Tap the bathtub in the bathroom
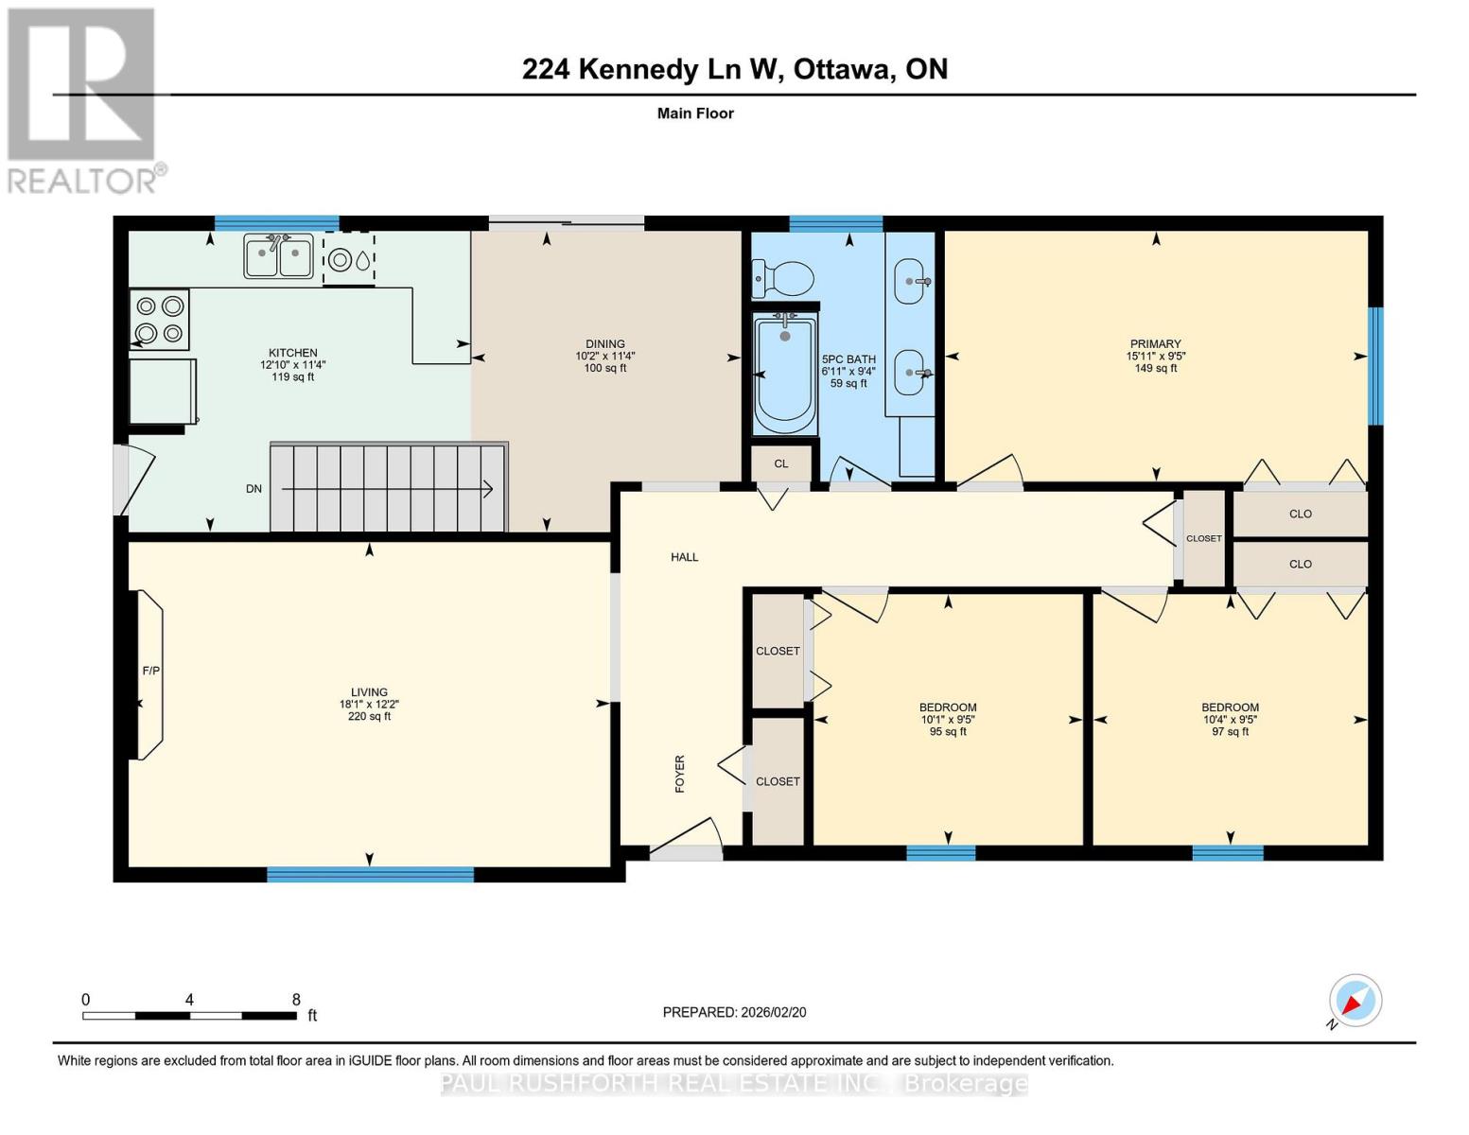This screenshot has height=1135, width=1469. point(784,375)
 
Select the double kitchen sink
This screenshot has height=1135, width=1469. point(278,255)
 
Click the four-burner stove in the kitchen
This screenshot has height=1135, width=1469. point(159,320)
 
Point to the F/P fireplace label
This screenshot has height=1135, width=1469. point(150,671)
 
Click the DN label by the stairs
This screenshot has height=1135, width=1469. point(254,489)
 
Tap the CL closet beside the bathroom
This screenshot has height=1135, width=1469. point(780,463)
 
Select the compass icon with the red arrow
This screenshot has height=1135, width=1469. point(1355,1001)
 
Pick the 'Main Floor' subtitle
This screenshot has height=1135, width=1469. point(695,113)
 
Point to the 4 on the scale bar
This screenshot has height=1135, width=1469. point(190,1000)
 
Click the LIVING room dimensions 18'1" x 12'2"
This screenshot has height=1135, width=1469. point(369,704)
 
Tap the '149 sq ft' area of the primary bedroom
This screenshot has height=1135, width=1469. point(1155,369)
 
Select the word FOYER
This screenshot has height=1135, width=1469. point(679,774)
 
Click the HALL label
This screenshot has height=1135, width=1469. point(684,557)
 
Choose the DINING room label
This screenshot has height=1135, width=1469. point(604,344)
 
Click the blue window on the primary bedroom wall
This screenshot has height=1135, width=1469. point(1375,366)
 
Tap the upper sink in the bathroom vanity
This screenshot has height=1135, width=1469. point(910,281)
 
